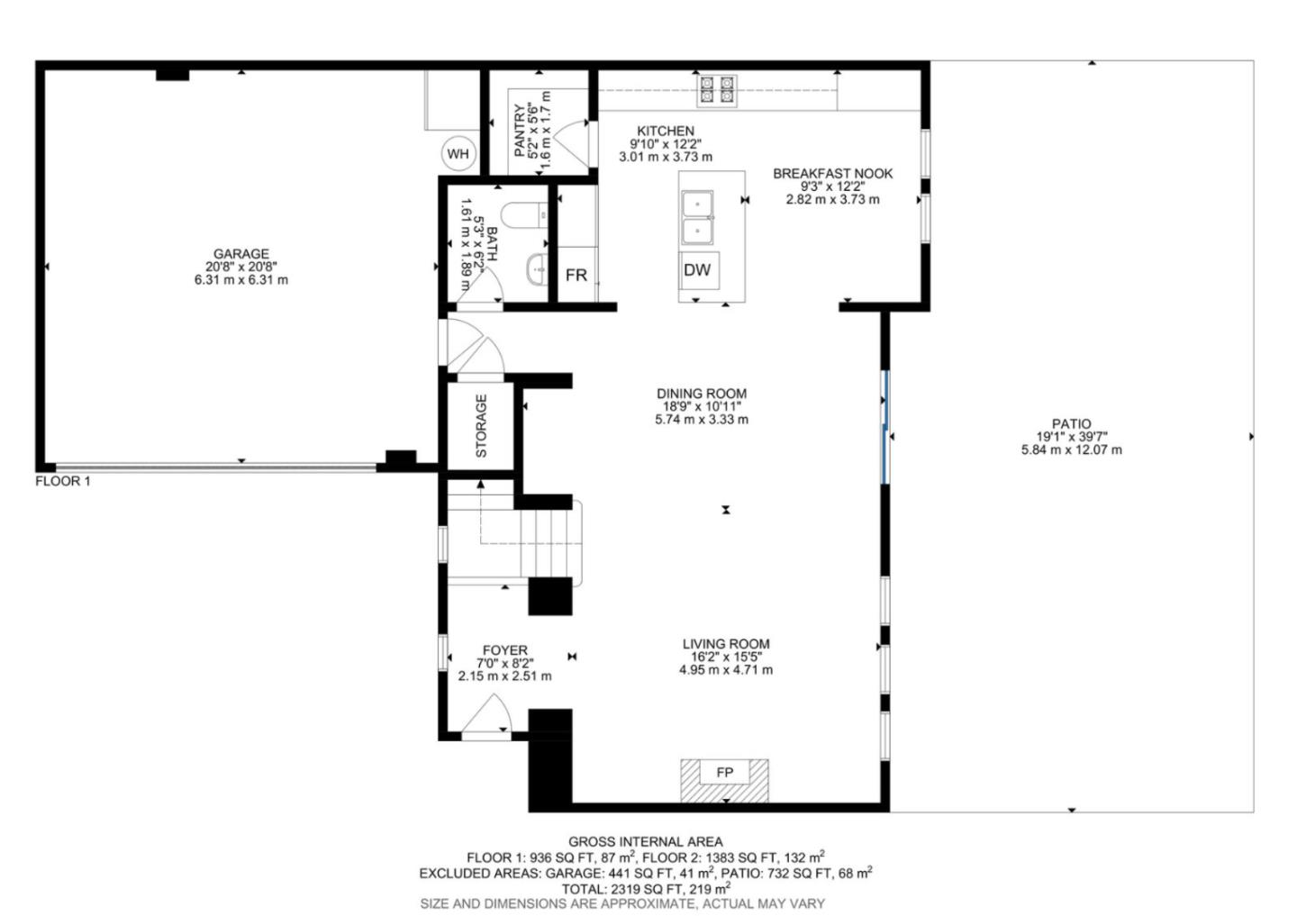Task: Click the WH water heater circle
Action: point(458,154)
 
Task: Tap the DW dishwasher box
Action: point(697,270)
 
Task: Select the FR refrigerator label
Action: point(576,276)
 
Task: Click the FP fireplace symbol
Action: point(724,773)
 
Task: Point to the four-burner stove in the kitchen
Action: point(716,90)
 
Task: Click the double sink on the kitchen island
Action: point(697,218)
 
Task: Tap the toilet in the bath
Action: point(523,216)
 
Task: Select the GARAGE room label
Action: point(240,254)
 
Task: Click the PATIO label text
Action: point(1071,423)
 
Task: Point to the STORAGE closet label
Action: point(481,426)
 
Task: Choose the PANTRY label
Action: point(520,131)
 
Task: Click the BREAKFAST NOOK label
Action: point(832,173)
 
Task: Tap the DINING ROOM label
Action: point(701,394)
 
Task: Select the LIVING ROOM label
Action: point(725,644)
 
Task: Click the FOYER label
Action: point(504,650)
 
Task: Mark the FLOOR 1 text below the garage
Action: point(63,481)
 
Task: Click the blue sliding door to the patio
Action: point(885,428)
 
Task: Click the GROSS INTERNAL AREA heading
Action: point(645,842)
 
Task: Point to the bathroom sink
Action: point(537,268)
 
